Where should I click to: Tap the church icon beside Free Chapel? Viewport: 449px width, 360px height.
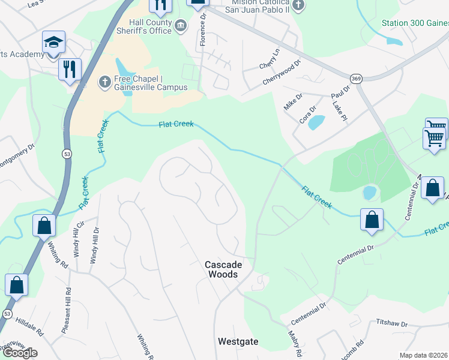pos(104,81)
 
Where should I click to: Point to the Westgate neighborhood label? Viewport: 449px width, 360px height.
pos(238,341)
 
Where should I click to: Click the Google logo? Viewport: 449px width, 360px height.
pos(19,353)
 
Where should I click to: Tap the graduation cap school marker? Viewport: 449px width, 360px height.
pos(53,43)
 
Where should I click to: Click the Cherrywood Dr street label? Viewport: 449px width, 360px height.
pos(281,73)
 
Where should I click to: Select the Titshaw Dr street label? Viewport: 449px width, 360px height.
pos(391,323)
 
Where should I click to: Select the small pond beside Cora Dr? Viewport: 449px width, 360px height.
pos(316,123)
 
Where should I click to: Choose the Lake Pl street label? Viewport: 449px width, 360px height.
pos(340,112)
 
